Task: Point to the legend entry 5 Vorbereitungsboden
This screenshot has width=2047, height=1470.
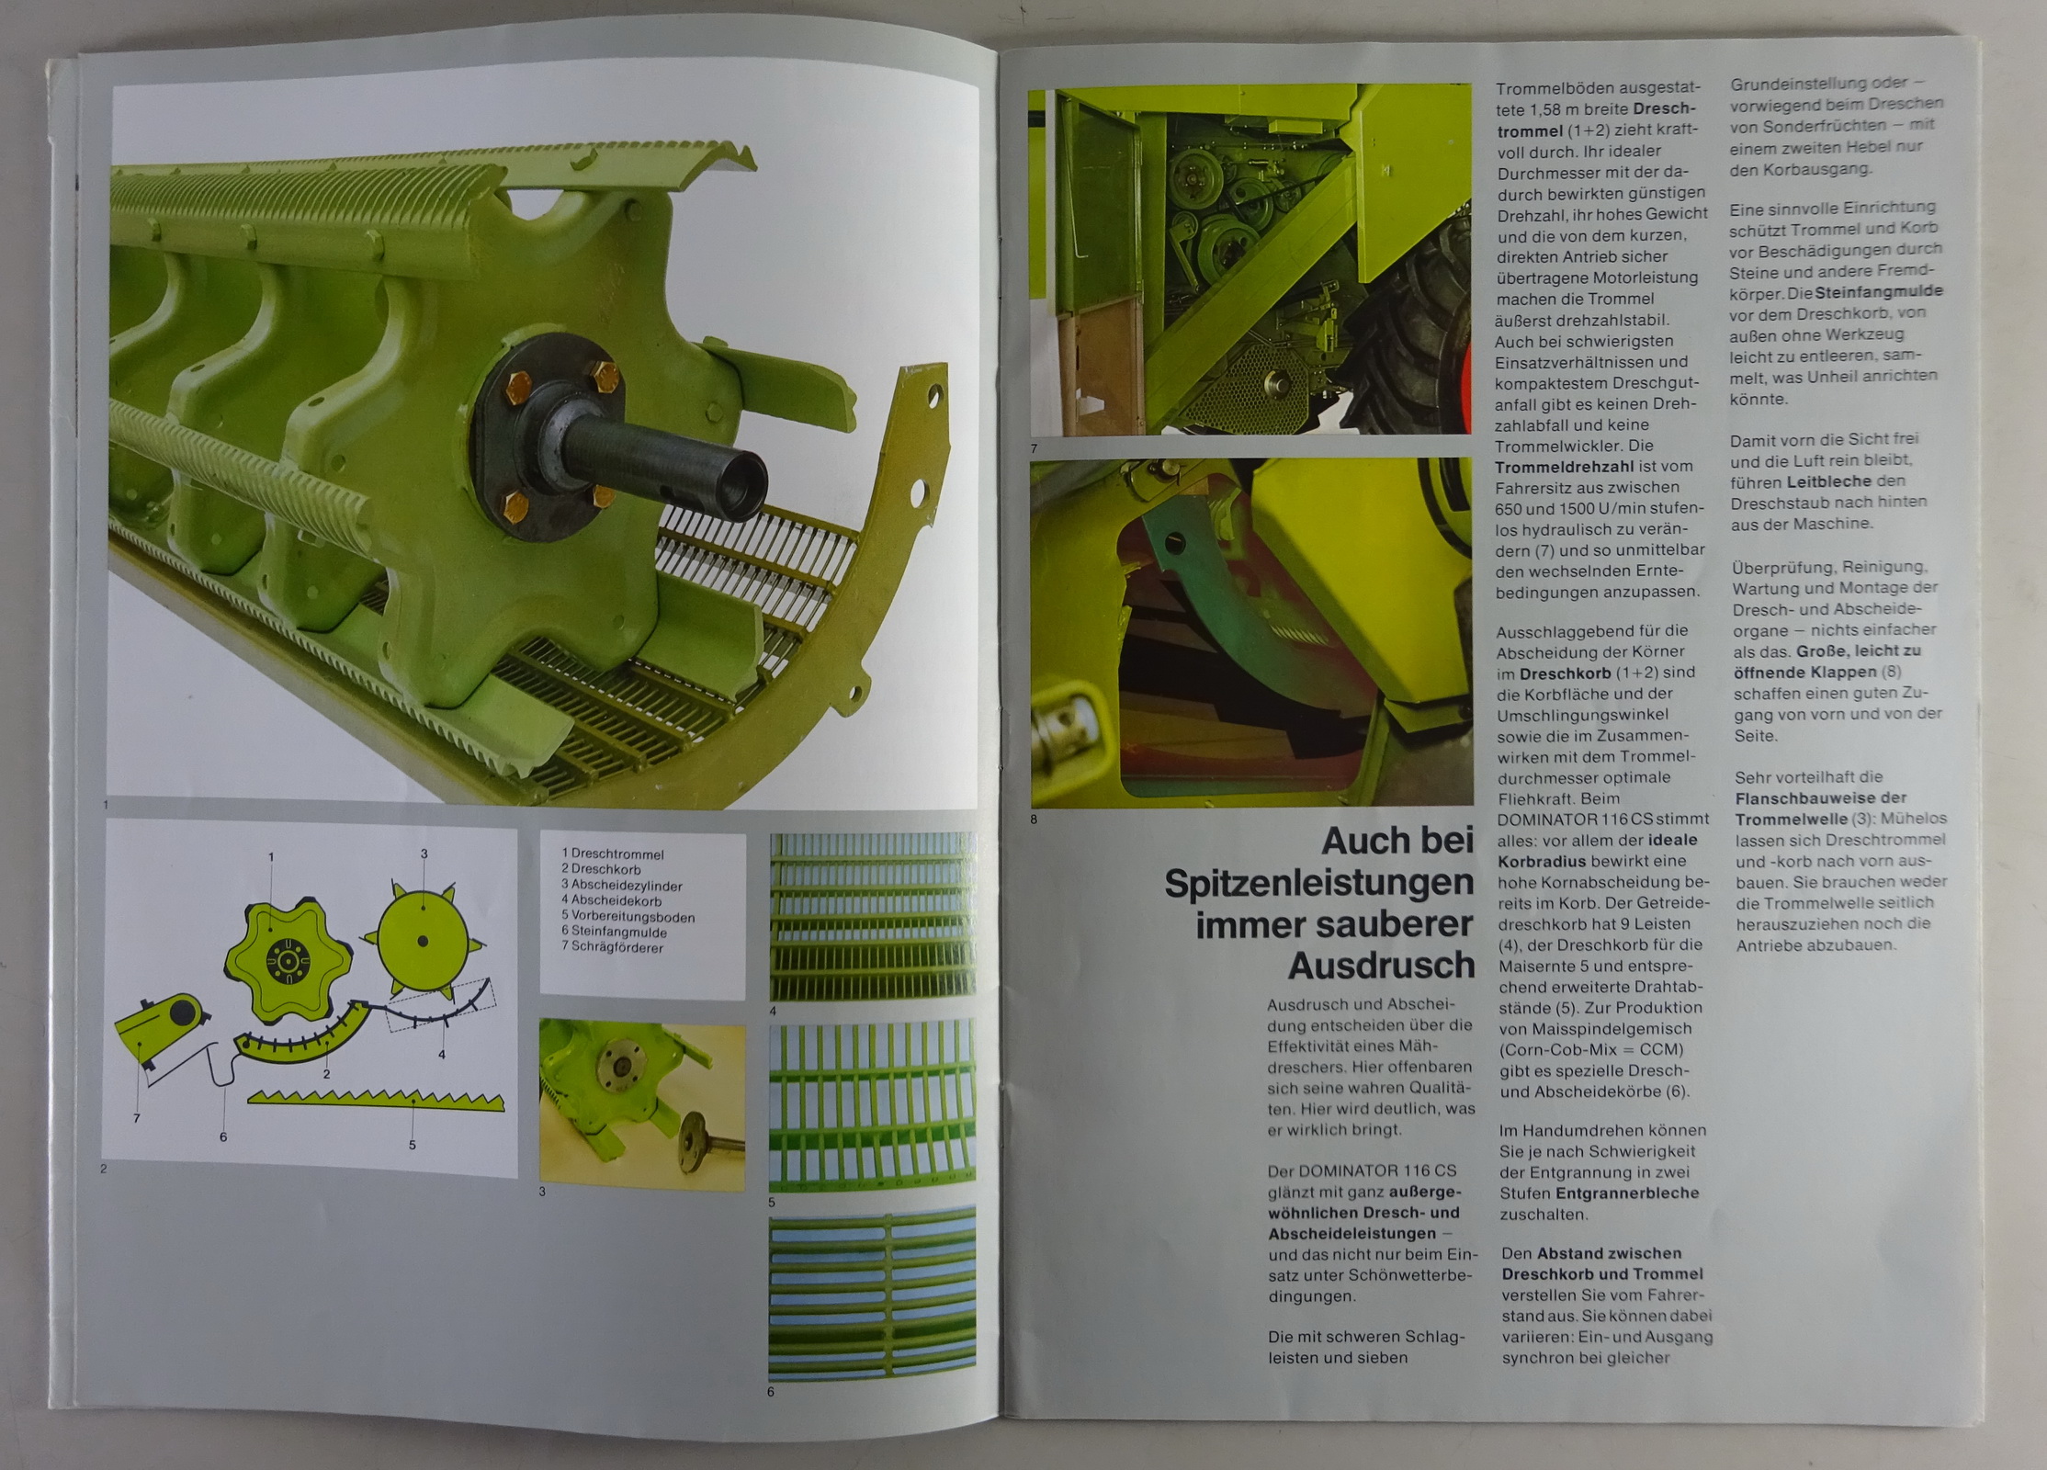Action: pyautogui.click(x=628, y=917)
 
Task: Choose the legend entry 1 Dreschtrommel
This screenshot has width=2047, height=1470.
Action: pyautogui.click(x=612, y=854)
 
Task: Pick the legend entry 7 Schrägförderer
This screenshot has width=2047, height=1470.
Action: pyautogui.click(x=612, y=948)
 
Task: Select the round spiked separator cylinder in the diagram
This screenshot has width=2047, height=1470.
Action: pyautogui.click(x=423, y=939)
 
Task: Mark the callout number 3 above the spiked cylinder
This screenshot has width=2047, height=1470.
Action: pyautogui.click(x=424, y=854)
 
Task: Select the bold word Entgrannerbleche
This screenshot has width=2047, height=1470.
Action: pyautogui.click(x=1626, y=1193)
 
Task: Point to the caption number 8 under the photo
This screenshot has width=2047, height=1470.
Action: pyautogui.click(x=1034, y=820)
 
